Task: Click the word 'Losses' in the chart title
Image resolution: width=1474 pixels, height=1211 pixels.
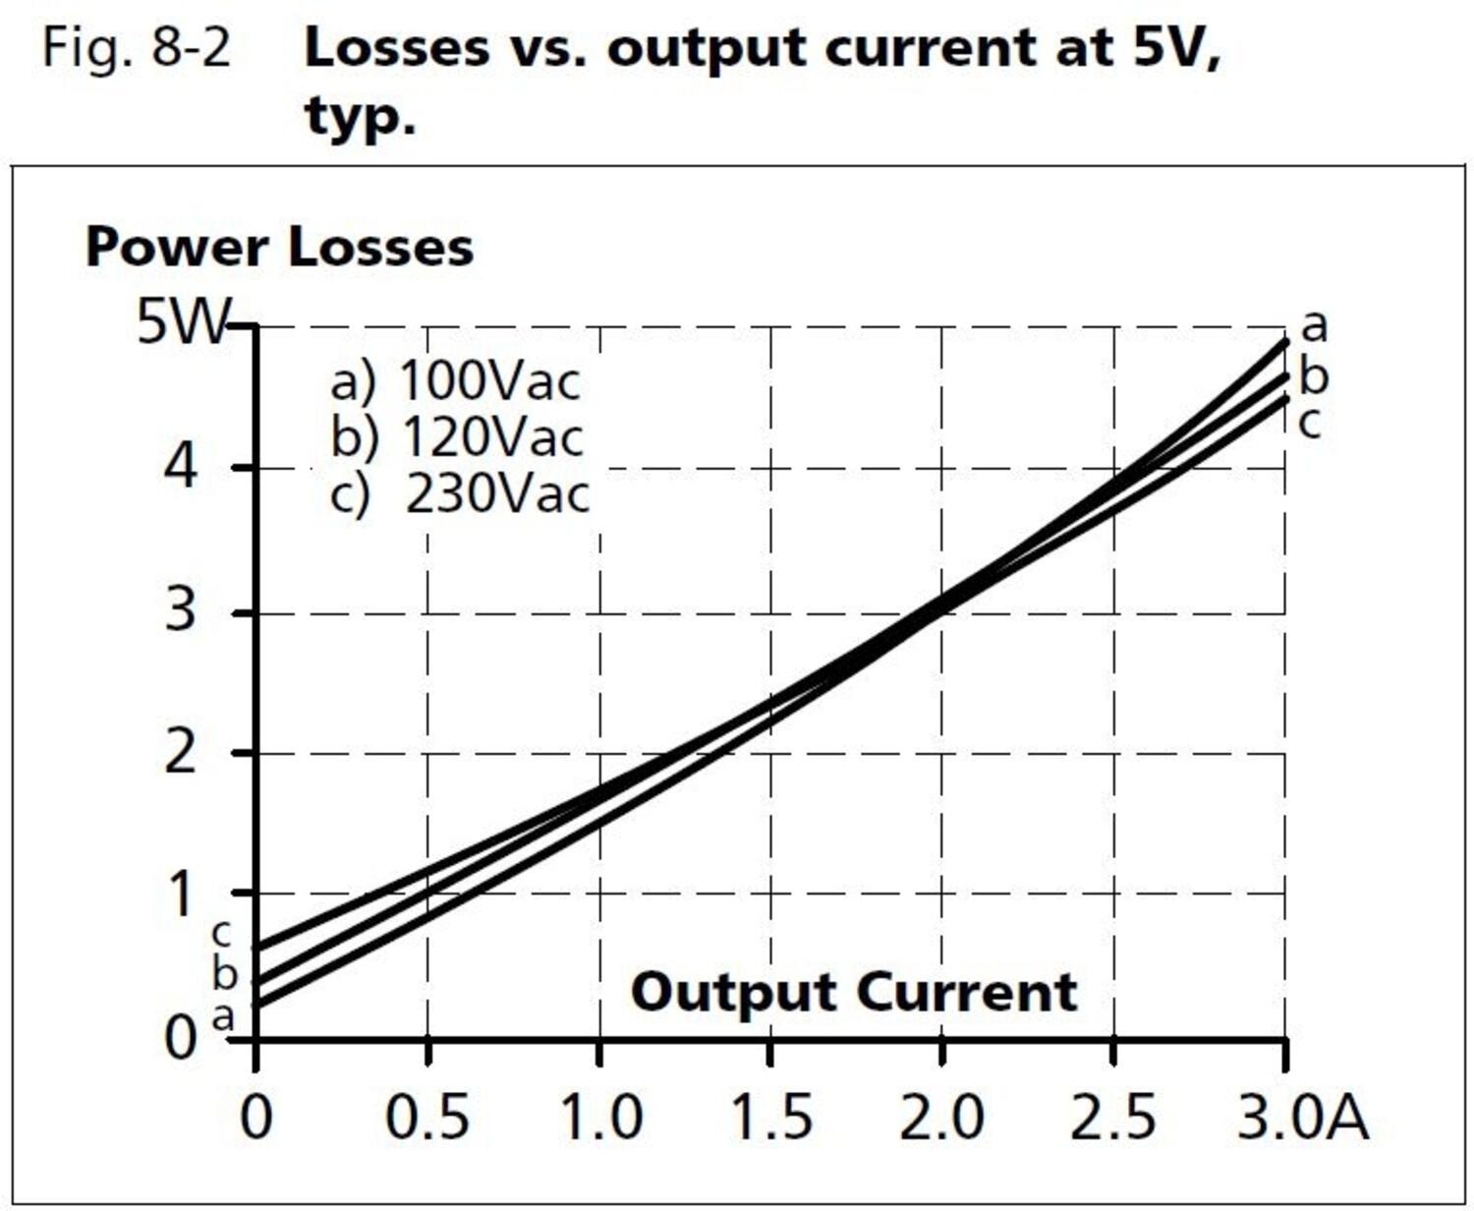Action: (x=396, y=47)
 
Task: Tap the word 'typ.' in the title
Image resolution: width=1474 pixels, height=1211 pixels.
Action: (x=360, y=117)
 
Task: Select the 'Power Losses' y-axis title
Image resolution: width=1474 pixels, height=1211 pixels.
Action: (x=279, y=247)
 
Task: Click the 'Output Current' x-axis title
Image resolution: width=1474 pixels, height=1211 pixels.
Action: (x=853, y=992)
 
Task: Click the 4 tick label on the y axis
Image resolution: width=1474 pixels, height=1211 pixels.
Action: (x=180, y=468)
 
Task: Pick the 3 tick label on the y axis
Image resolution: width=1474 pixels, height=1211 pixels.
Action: (x=180, y=611)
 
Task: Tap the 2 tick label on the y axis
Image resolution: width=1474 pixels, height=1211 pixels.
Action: (x=180, y=754)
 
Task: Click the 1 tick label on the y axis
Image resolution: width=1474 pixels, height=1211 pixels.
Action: (x=182, y=894)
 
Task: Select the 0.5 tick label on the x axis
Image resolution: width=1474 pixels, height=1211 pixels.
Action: (x=426, y=1118)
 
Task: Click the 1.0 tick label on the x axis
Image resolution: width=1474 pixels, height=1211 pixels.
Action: (x=600, y=1118)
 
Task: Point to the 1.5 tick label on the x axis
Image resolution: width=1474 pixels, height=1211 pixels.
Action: (x=771, y=1118)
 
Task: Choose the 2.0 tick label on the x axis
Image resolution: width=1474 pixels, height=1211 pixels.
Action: (x=941, y=1118)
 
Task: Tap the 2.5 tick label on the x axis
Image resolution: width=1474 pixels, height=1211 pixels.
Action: (x=1112, y=1118)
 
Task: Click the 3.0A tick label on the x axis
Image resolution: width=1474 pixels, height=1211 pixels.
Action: (x=1301, y=1118)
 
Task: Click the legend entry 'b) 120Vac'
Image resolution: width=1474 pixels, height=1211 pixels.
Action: (x=457, y=437)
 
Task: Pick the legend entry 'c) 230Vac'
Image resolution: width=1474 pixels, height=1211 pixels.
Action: (x=459, y=493)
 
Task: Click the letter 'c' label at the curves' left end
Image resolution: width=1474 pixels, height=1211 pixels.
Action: (x=222, y=932)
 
